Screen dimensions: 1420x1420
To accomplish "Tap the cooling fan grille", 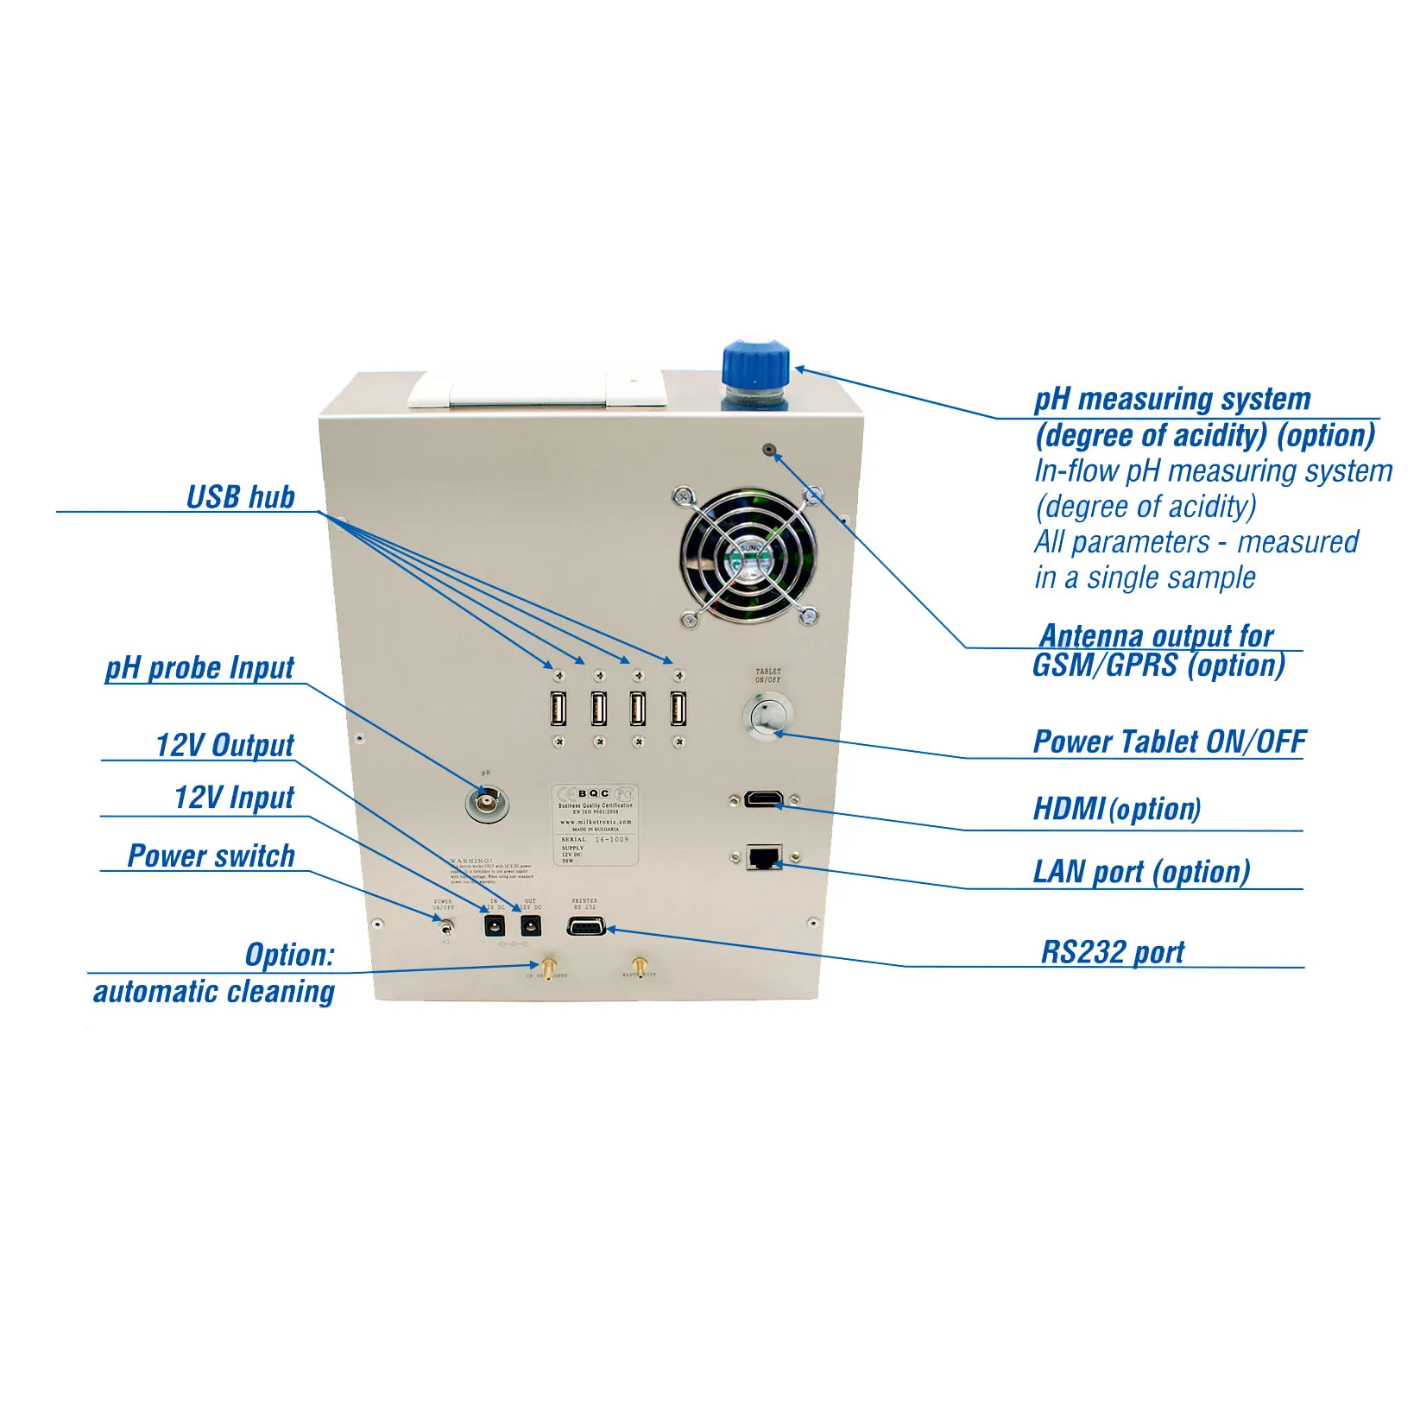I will pyautogui.click(x=748, y=555).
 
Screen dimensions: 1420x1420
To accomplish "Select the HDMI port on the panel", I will pyautogui.click(x=764, y=798).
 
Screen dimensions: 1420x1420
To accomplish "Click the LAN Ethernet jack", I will pyautogui.click(x=764, y=857).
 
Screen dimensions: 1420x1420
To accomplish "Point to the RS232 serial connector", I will pyautogui.click(x=585, y=927).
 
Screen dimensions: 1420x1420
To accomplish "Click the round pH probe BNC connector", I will pyautogui.click(x=486, y=804).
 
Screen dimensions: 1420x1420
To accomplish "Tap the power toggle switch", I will pyautogui.click(x=445, y=929).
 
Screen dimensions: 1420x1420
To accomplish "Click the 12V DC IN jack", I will pyautogui.click(x=494, y=927).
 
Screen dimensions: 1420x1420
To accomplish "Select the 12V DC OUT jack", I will pyautogui.click(x=530, y=927).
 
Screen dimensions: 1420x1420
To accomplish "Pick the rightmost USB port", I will pyautogui.click(x=678, y=709).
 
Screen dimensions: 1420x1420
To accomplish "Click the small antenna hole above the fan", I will pyautogui.click(x=768, y=449).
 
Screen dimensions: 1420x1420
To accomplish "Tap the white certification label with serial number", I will pyautogui.click(x=596, y=824).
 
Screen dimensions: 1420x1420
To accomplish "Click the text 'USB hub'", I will pyautogui.click(x=241, y=497).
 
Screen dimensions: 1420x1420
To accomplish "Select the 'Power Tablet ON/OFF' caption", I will pyautogui.click(x=1169, y=742).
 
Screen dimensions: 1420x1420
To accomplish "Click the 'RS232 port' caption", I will pyautogui.click(x=1112, y=951).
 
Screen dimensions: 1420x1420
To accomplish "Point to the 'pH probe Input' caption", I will pyautogui.click(x=199, y=667).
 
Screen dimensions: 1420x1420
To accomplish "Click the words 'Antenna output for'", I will pyautogui.click(x=1156, y=635).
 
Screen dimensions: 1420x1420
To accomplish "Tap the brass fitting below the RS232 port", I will pyautogui.click(x=639, y=965).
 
